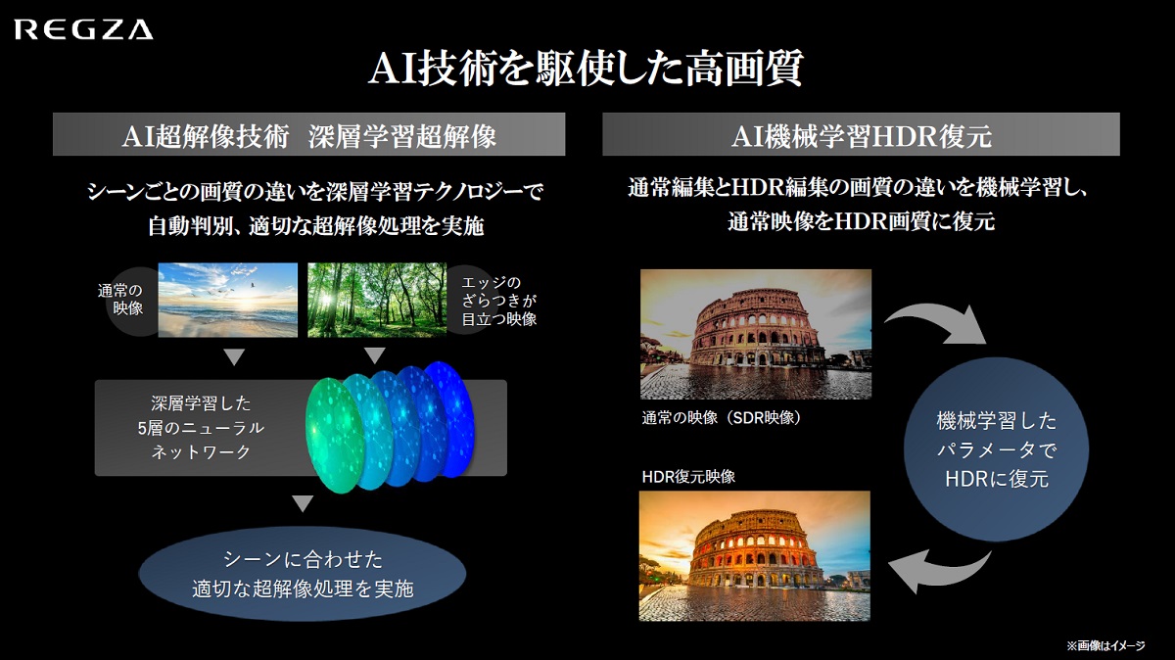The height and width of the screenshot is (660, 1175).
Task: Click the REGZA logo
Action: click(x=84, y=30)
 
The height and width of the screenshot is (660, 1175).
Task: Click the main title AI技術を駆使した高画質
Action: click(x=586, y=69)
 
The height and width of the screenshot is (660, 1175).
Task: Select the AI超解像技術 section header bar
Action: click(x=309, y=134)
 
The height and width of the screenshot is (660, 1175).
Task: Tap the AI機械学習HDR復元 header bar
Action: click(x=861, y=134)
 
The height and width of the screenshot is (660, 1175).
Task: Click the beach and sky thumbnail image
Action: click(x=227, y=300)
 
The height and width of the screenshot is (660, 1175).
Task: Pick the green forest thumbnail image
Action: click(x=377, y=300)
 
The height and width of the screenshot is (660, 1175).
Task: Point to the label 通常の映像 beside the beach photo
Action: click(x=120, y=299)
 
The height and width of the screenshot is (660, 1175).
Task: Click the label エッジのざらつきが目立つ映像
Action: click(x=498, y=301)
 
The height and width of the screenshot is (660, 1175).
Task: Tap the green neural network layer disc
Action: click(x=335, y=436)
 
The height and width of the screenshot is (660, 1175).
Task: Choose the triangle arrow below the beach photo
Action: click(x=234, y=357)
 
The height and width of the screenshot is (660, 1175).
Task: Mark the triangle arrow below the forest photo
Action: click(x=374, y=355)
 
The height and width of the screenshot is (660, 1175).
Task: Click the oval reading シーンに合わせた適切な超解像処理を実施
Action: click(x=303, y=574)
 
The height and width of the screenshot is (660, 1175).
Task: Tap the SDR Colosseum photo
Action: click(x=756, y=334)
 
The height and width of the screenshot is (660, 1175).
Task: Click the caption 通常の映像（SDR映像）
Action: click(x=722, y=417)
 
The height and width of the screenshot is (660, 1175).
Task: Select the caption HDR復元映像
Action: click(x=688, y=476)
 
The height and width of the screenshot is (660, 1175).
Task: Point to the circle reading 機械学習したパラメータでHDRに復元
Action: click(x=996, y=449)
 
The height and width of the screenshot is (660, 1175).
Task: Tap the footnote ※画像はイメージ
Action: click(x=1105, y=645)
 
